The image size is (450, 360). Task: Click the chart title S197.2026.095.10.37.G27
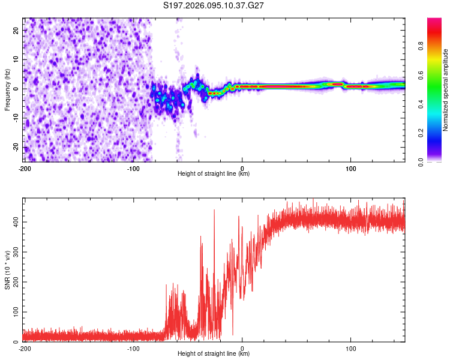coord(214,5)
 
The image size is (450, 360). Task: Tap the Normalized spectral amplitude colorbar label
coord(446,90)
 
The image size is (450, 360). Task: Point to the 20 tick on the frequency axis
coord(16,30)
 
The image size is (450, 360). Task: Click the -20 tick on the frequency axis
coord(15,148)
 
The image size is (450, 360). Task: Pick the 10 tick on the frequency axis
coord(16,59)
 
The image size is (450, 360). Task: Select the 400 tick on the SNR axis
coord(14,222)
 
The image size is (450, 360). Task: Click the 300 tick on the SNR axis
coord(14,252)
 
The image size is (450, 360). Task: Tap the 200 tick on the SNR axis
coord(14,282)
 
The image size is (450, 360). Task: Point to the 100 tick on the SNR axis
coord(14,312)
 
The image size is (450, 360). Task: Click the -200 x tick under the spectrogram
coord(25,169)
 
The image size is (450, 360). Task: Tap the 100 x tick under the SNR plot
coord(351,349)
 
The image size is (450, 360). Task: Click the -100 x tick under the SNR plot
coord(133,349)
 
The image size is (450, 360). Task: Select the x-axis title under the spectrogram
coord(214,174)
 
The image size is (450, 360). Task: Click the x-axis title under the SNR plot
coord(214,354)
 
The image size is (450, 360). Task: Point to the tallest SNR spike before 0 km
coord(214,210)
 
